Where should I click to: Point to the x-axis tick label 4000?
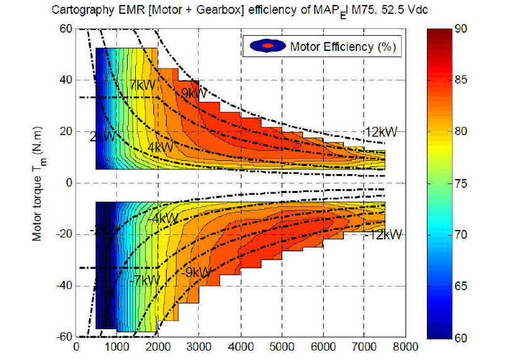coord(241,345)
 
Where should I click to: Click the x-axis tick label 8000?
coord(405,345)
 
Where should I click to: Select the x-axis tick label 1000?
coord(118,345)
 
